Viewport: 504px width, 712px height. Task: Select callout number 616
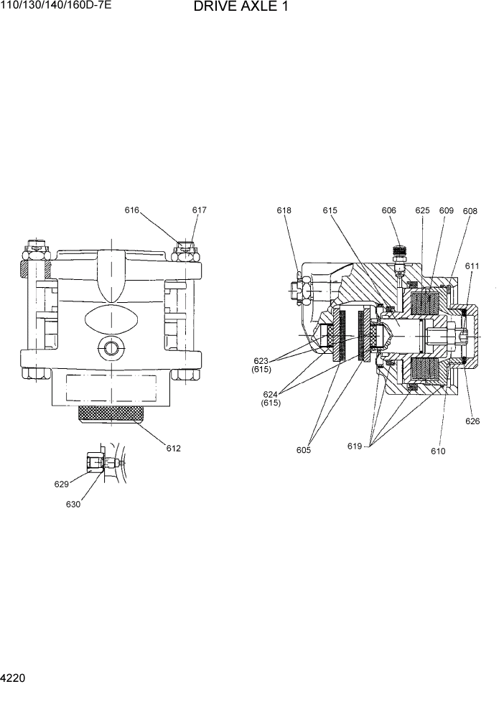point(131,210)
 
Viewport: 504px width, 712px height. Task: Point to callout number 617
point(199,210)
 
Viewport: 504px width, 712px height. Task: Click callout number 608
point(470,211)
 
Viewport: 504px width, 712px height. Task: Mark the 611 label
point(472,266)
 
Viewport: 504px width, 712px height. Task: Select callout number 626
point(472,421)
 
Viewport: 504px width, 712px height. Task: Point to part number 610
point(438,451)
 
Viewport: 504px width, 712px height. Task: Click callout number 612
point(173,449)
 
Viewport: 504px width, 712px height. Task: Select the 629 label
point(62,484)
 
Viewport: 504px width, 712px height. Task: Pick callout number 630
point(73,504)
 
